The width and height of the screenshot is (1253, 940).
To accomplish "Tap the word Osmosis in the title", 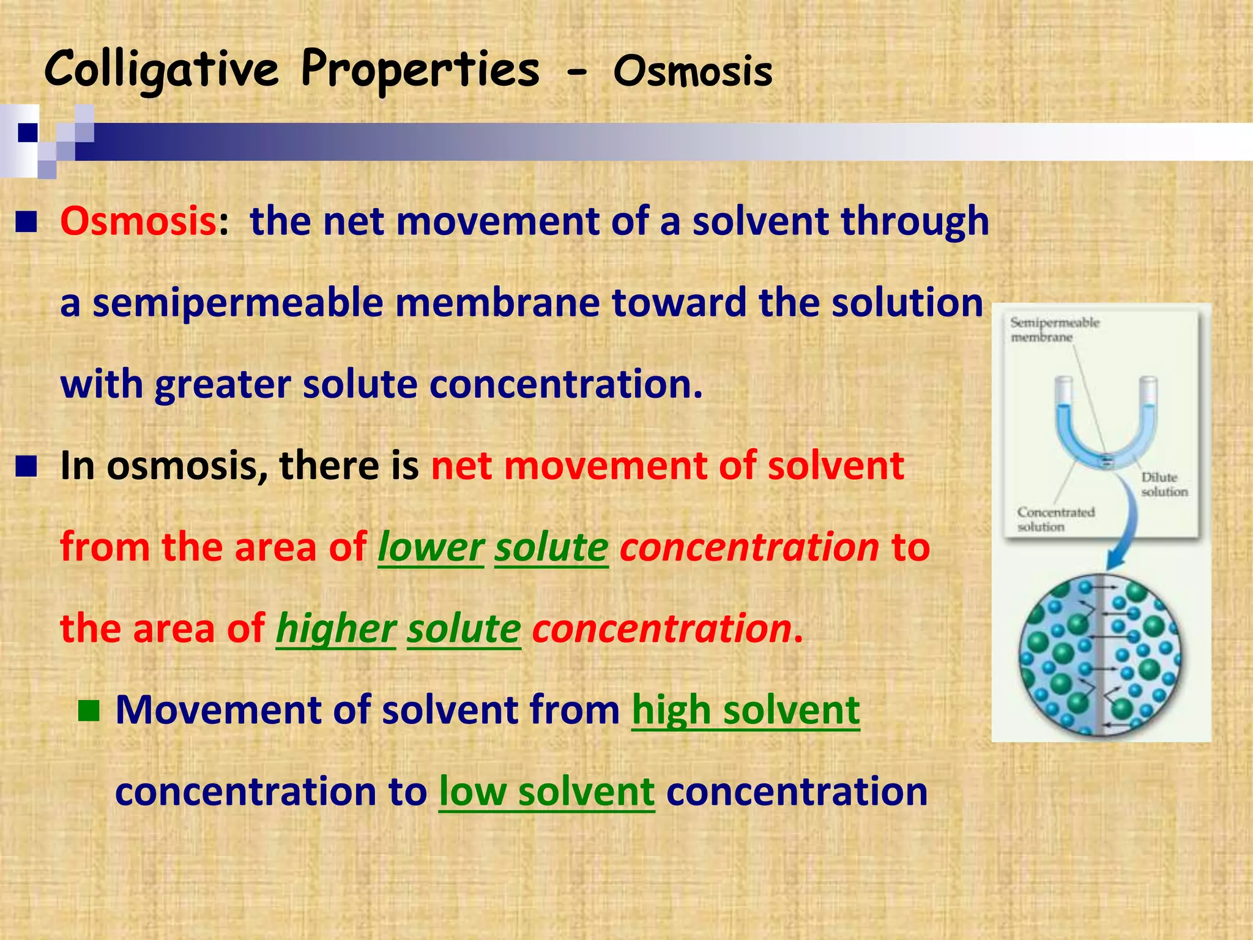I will point(693,72).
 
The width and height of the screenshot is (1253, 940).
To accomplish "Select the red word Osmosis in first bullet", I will point(138,221).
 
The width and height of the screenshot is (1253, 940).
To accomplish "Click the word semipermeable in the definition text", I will point(237,303).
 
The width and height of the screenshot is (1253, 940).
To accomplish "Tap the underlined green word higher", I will point(335,629).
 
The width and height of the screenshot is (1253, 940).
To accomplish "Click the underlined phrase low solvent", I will point(546,791).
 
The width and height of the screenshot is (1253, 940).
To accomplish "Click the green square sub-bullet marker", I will point(89,711).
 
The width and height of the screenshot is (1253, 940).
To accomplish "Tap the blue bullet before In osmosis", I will point(27,467).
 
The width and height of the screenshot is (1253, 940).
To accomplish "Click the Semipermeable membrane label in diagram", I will point(1054,330).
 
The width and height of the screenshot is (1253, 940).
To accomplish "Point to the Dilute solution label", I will point(1163,484).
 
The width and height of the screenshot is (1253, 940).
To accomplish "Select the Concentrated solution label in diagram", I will point(1055,519).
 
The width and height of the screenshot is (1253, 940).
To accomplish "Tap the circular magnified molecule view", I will point(1100,655).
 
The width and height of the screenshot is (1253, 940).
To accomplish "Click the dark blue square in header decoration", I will point(28,132).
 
